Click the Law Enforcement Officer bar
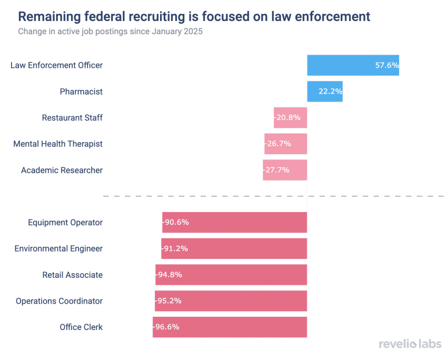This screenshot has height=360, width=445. (x=353, y=65)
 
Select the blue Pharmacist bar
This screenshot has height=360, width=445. (x=324, y=92)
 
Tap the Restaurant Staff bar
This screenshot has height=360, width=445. (x=290, y=117)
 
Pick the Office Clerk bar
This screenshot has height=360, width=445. (x=230, y=327)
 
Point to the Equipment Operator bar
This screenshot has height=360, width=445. (x=234, y=222)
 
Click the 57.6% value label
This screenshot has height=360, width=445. (x=387, y=65)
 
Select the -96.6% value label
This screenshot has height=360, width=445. (x=166, y=327)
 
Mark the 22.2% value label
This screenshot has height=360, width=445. (x=330, y=92)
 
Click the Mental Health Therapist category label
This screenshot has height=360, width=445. (x=58, y=144)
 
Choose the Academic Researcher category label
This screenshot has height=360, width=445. (x=62, y=170)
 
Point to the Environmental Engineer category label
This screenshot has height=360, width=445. (x=58, y=248)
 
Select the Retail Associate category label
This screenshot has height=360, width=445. (x=72, y=275)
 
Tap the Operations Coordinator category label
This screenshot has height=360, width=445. (x=59, y=301)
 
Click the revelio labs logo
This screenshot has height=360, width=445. (x=410, y=344)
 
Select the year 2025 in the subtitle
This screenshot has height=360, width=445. (x=193, y=31)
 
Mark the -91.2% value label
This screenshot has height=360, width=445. (x=175, y=248)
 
